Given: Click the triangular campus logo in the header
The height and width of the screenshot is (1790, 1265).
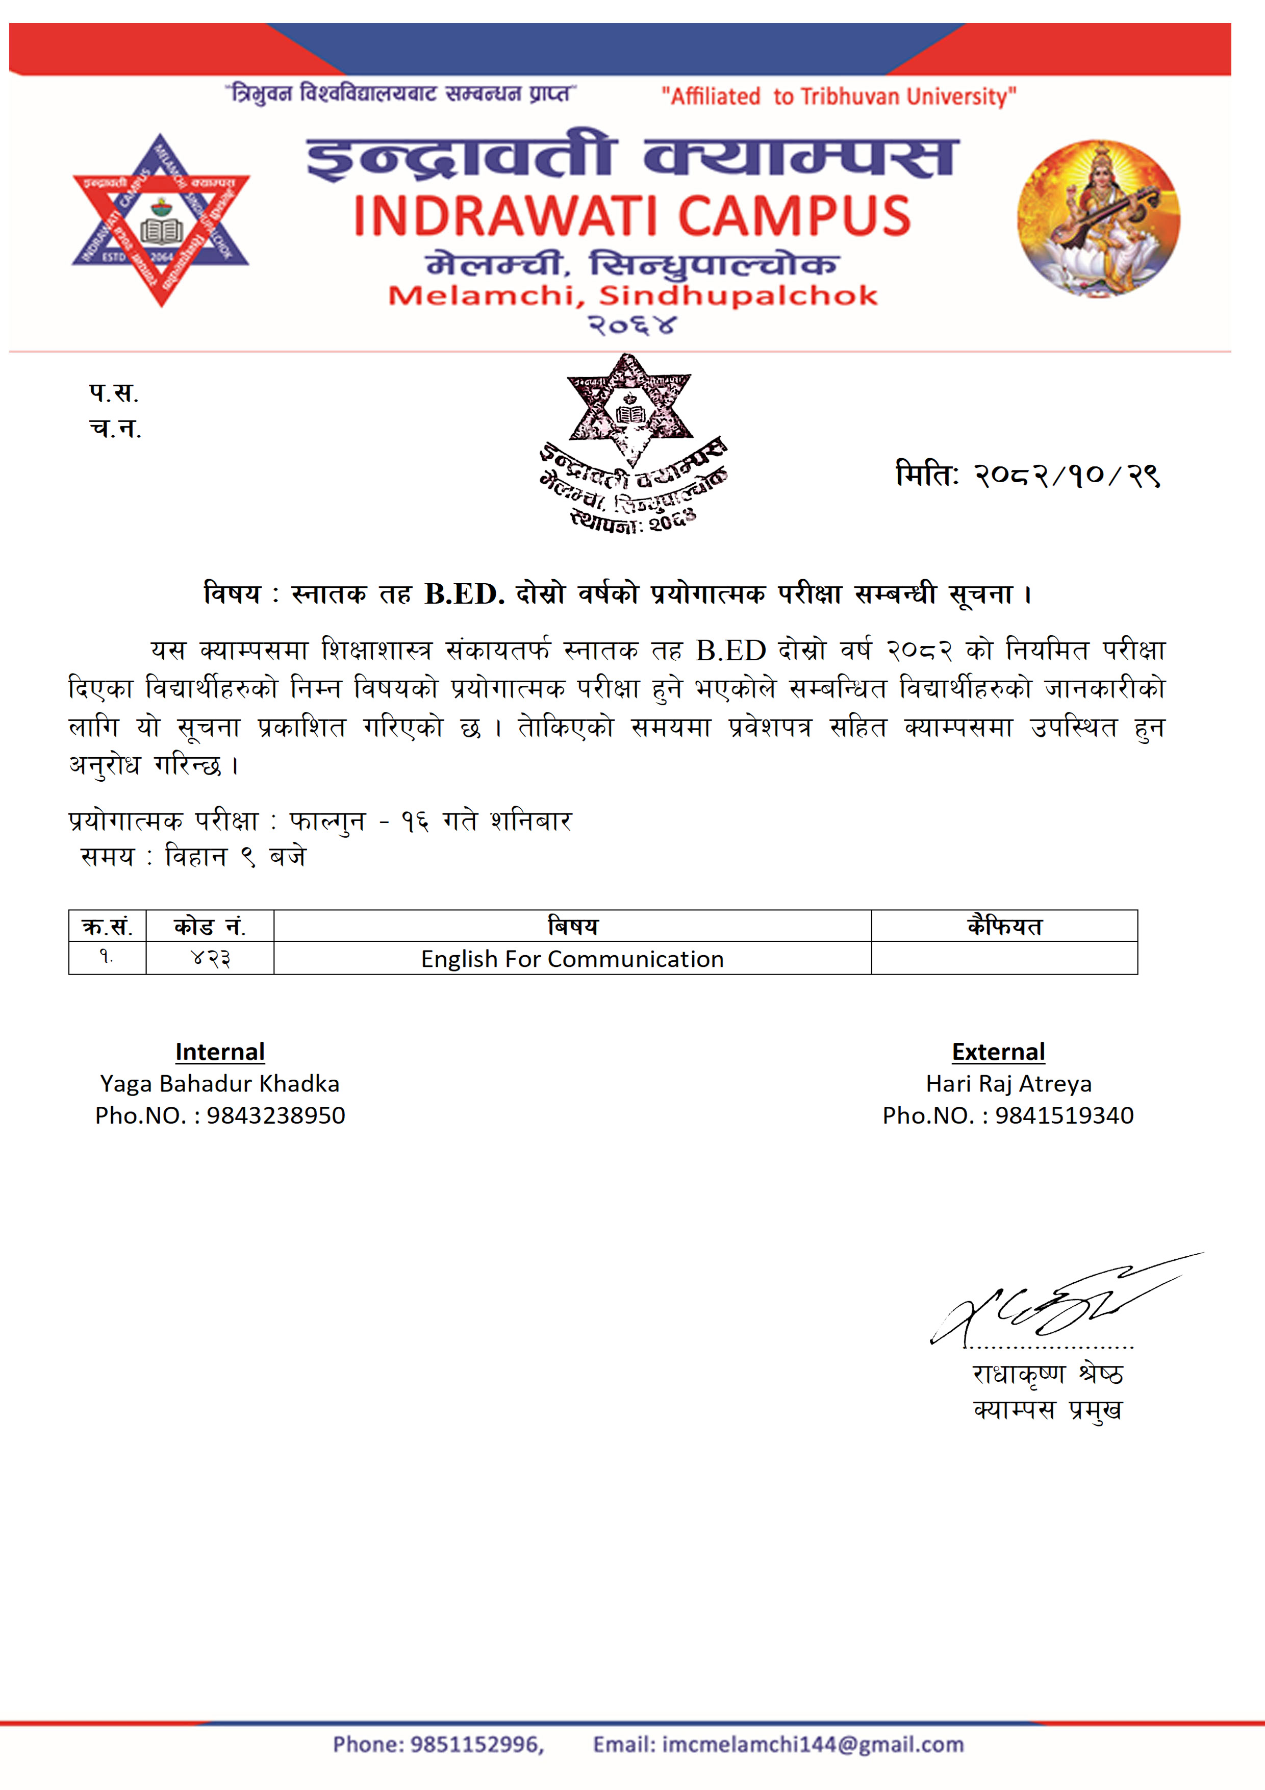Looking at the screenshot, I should click(x=161, y=220).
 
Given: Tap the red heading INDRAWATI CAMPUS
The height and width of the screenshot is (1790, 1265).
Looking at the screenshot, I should click(x=631, y=216).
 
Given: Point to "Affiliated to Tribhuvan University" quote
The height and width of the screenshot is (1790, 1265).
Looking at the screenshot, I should click(x=839, y=96).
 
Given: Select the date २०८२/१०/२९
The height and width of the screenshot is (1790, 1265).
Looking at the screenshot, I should click(x=1066, y=475).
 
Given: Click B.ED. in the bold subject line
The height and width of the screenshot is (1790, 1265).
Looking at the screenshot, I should click(x=465, y=594).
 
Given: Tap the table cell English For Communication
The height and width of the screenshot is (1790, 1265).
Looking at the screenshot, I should click(x=572, y=958).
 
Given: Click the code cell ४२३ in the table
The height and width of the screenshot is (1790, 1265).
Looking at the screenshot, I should click(x=211, y=958).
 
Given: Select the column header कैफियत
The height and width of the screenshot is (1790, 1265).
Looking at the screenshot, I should click(x=1004, y=926).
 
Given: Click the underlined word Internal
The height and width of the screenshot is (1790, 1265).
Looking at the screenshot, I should click(x=220, y=1052).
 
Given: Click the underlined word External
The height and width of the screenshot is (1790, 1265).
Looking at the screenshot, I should click(x=998, y=1052).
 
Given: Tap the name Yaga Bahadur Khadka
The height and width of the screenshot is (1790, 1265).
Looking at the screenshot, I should click(x=220, y=1084).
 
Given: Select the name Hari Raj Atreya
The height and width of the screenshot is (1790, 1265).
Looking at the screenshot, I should click(x=1008, y=1084).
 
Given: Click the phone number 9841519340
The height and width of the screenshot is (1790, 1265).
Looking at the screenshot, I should click(x=1064, y=1115).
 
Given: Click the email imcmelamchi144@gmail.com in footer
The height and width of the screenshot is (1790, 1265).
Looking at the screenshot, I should click(x=812, y=1744).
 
